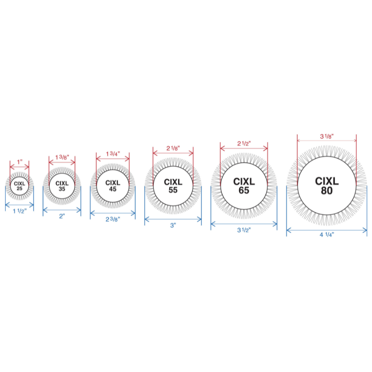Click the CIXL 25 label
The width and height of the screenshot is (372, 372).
tap(20, 186)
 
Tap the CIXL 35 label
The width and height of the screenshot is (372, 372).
tap(62, 186)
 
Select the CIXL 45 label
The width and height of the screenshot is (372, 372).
tap(113, 186)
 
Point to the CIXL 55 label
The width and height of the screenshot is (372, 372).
tap(173, 186)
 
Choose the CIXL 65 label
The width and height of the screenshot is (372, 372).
tap(244, 186)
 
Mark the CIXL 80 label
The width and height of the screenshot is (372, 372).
tap(327, 186)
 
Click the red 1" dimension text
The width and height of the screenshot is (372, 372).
tap(20, 162)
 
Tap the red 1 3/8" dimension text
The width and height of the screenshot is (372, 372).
tap(62, 157)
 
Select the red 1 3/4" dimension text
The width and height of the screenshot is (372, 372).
tap(113, 154)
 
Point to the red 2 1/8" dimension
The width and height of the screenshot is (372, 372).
tap(173, 148)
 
